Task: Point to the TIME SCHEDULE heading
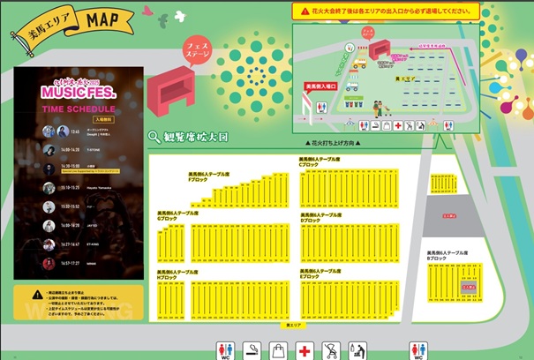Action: (79, 109)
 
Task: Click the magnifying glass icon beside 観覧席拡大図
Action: (154, 137)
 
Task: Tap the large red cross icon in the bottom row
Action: (305, 351)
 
